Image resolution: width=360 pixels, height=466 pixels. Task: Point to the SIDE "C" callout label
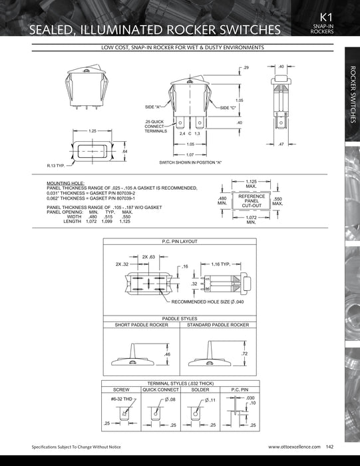tap(228, 107)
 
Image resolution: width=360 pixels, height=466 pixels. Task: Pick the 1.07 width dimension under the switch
tap(190, 154)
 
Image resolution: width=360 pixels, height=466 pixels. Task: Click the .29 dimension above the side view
tap(246, 69)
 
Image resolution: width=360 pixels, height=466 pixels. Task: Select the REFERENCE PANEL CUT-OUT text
tap(252, 200)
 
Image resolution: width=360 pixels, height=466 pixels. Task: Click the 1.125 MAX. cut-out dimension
tap(252, 183)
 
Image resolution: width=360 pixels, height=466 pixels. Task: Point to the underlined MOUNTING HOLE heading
tap(65, 182)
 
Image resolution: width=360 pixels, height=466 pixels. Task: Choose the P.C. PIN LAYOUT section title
tap(180, 242)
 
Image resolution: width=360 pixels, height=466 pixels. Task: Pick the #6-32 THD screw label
tap(122, 398)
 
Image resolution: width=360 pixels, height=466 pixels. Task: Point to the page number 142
tap(330, 446)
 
